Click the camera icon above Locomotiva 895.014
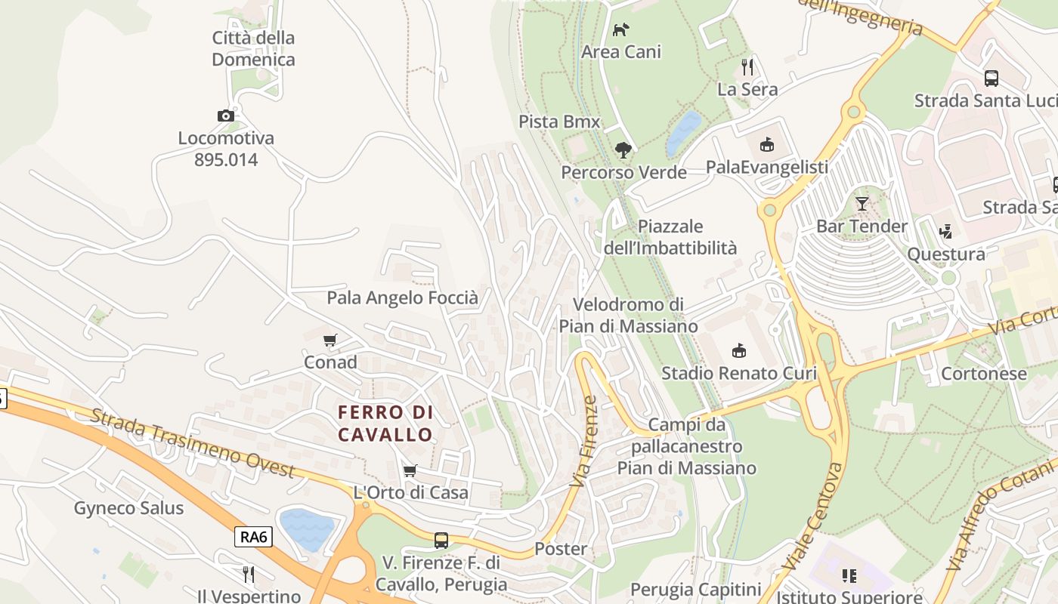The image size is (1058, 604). coord(225,116)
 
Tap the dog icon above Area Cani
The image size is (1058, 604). coord(620,29)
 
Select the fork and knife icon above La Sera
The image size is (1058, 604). coord(747,66)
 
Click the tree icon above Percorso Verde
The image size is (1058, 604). coord(623,149)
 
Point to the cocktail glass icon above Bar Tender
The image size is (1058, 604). coord(862,203)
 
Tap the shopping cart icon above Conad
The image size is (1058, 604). coord(329,340)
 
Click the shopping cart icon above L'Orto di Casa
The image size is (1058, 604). coord(410,470)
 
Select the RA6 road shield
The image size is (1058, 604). coord(253,537)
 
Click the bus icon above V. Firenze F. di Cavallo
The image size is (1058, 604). coord(441,541)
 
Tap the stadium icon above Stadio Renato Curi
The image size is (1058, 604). coord(739,350)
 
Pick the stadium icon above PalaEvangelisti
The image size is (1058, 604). coord(766,144)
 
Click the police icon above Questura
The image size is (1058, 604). coord(945,232)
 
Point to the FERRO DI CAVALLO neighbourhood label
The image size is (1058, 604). coord(385,424)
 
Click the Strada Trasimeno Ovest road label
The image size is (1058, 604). coord(192,443)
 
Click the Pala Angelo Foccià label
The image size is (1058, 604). coord(402,298)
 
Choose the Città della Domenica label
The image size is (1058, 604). coord(253,48)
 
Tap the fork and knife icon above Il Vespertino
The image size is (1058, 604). coord(249,575)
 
